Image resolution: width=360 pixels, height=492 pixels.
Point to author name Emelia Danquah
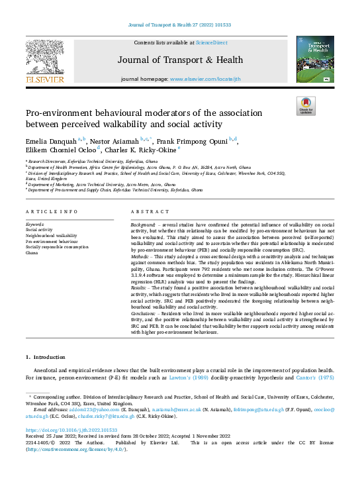[47, 141]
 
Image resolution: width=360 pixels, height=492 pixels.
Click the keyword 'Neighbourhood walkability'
[51, 236]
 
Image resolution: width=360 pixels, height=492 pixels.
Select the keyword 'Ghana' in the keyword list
[32, 253]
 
